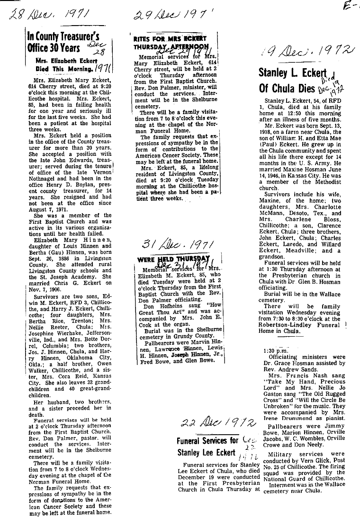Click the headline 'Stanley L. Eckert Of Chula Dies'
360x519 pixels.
pyautogui.click(x=294, y=81)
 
